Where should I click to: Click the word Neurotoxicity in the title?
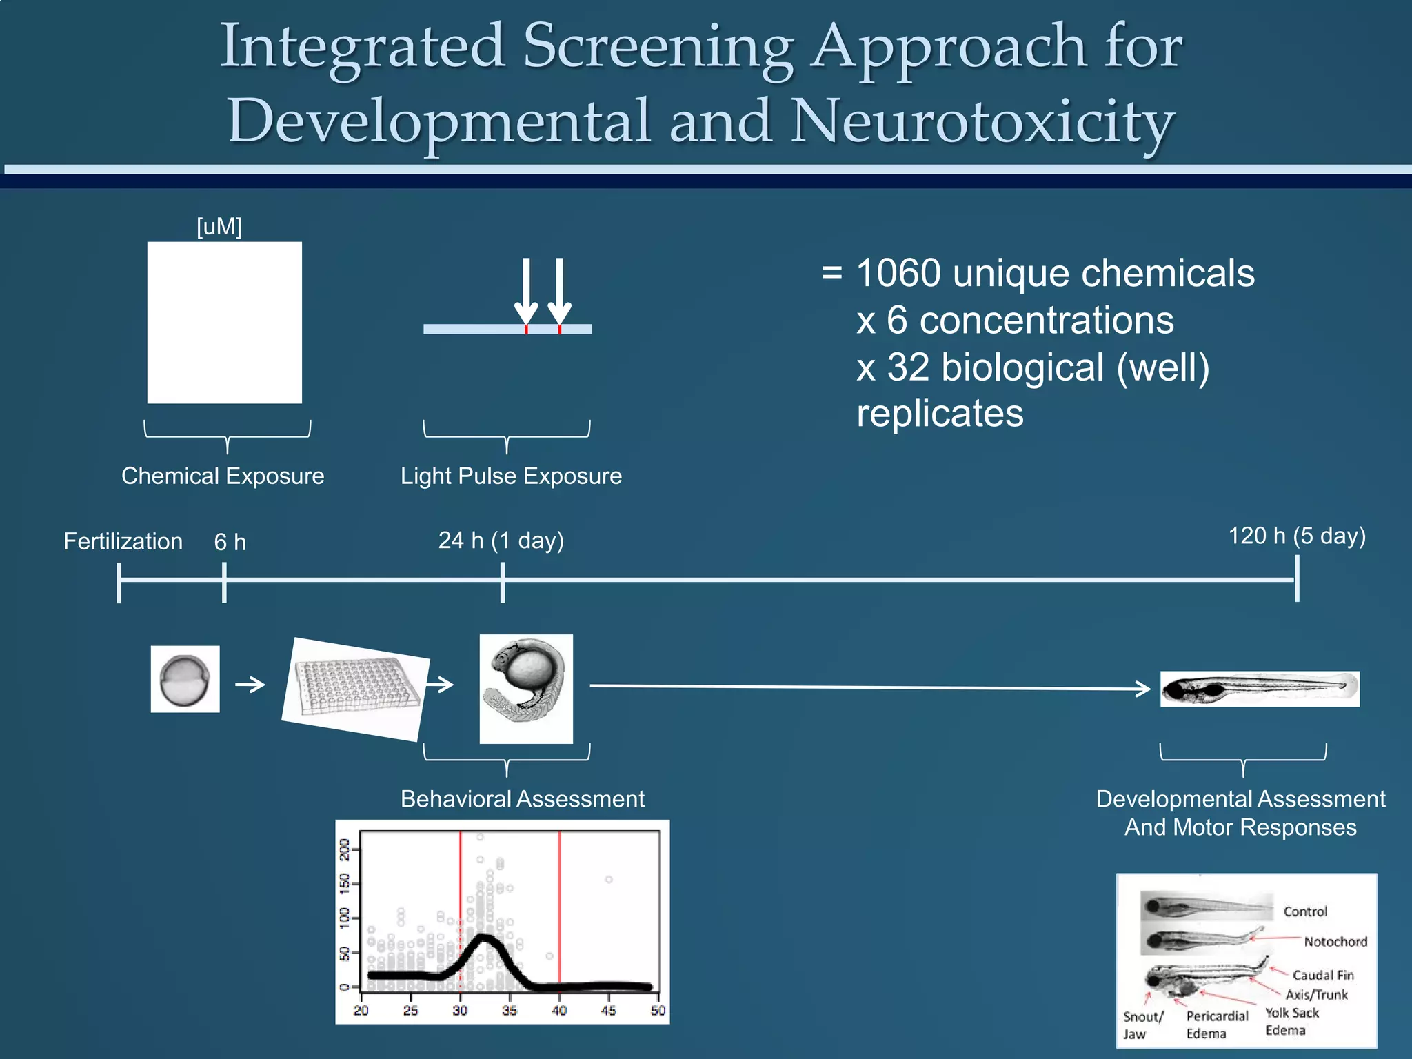pyautogui.click(x=982, y=121)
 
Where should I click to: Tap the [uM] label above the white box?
pyautogui.click(x=219, y=226)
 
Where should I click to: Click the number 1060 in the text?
pyautogui.click(x=898, y=273)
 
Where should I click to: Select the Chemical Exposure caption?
pyautogui.click(x=223, y=476)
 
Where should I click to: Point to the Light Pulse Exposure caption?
pyautogui.click(x=511, y=476)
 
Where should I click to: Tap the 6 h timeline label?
pyautogui.click(x=230, y=542)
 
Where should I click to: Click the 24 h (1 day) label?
pyautogui.click(x=501, y=540)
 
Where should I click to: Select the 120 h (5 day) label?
pyautogui.click(x=1297, y=536)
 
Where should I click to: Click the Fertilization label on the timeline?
pyautogui.click(x=123, y=541)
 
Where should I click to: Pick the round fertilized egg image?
pyautogui.click(x=185, y=679)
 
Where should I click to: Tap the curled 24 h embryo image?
pyautogui.click(x=526, y=688)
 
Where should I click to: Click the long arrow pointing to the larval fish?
pyautogui.click(x=869, y=687)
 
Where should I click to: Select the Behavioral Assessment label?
pyautogui.click(x=522, y=798)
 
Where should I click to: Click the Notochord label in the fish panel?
pyautogui.click(x=1335, y=942)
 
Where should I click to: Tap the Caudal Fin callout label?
pyautogui.click(x=1322, y=975)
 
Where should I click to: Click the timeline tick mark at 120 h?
pyautogui.click(x=1297, y=578)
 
